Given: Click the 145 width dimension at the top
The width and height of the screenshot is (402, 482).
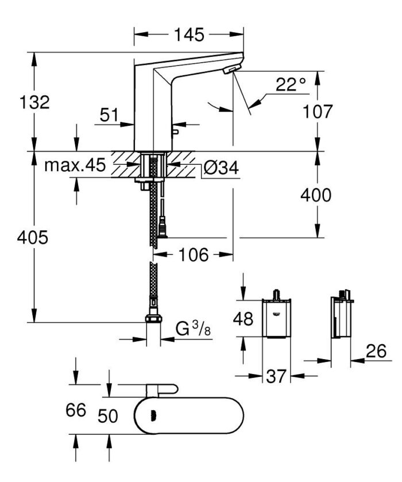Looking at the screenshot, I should pos(189,35).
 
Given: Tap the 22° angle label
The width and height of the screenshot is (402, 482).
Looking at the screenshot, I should pos(291,86).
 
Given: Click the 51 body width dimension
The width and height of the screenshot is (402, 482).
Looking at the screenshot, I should pos(109,115).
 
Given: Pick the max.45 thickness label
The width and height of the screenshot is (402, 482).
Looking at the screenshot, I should pos(75,166).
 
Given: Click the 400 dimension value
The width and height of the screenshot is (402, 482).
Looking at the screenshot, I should pos(316,195).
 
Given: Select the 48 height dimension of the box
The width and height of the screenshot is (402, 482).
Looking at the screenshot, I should pos(243,319).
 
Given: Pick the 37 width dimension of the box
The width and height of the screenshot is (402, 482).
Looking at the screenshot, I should pos(276,377).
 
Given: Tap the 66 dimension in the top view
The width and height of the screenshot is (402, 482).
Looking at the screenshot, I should pos(75,410).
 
